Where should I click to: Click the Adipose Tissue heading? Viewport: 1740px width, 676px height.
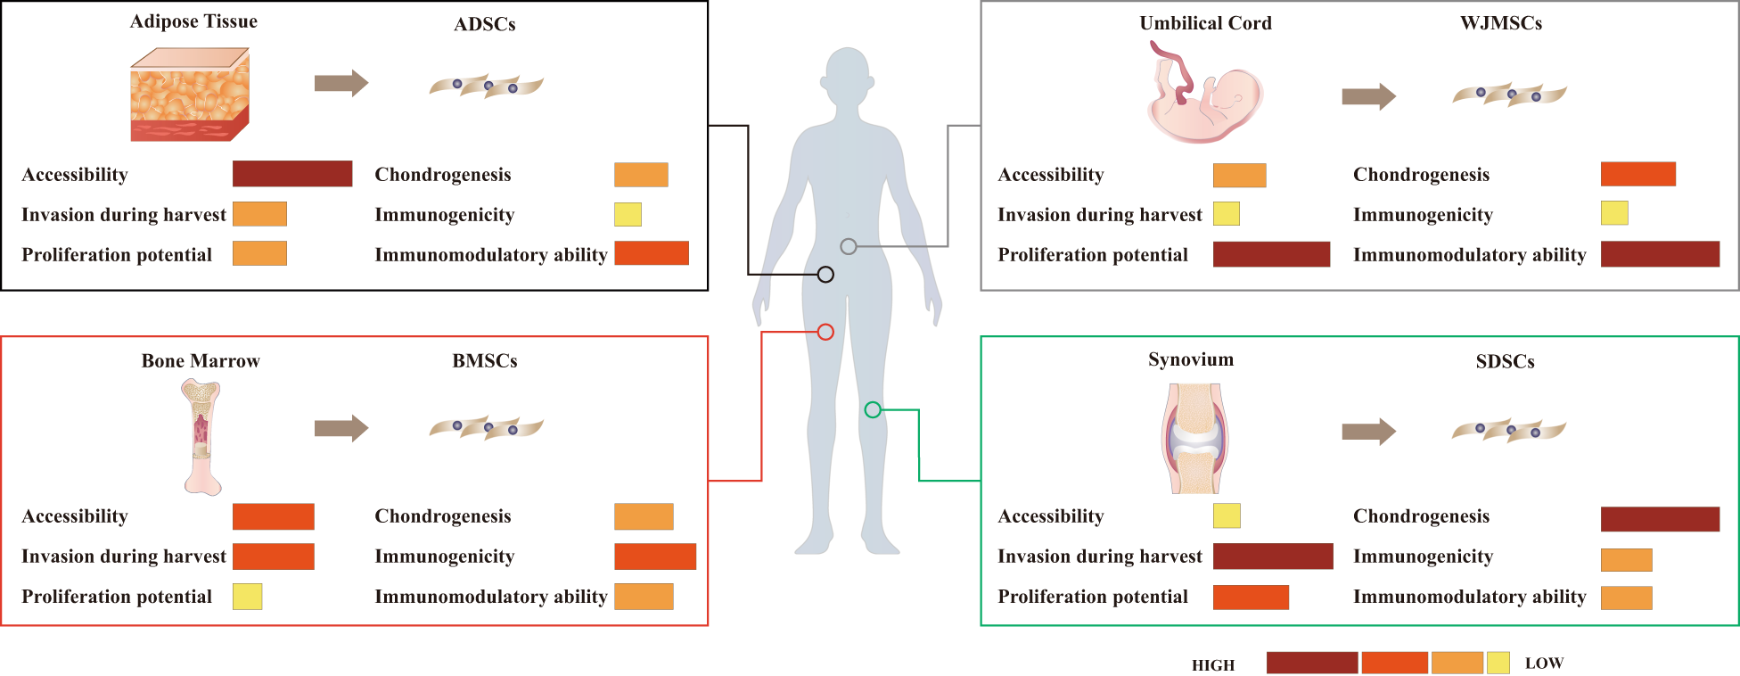tap(193, 21)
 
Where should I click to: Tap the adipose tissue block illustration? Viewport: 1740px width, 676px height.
tap(190, 95)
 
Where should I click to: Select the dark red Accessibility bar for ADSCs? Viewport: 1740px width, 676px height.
tap(292, 174)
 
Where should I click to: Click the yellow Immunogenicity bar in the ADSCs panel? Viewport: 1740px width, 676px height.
tap(628, 215)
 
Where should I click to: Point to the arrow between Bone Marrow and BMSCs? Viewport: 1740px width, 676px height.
tap(341, 428)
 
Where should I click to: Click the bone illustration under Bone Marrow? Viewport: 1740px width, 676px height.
tap(201, 436)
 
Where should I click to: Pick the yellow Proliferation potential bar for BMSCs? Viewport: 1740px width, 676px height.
tap(247, 596)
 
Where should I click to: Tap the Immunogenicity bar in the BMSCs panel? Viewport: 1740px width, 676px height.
tap(655, 556)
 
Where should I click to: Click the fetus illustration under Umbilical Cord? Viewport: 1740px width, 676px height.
tap(1205, 94)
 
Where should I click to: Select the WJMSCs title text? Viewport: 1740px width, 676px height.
tap(1501, 23)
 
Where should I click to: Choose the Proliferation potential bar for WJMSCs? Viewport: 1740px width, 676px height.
tap(1271, 254)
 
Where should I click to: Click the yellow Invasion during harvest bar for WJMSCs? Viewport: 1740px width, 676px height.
tap(1227, 214)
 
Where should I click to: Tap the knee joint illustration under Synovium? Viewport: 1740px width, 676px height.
tap(1194, 438)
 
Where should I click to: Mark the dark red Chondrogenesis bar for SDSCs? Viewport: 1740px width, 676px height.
tap(1660, 519)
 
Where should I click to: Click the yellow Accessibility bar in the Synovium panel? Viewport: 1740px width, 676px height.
tap(1227, 515)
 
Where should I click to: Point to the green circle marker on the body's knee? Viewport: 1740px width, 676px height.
tap(873, 409)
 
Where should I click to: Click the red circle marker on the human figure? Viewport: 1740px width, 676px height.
tap(825, 332)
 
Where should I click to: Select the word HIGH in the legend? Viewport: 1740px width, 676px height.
tap(1213, 665)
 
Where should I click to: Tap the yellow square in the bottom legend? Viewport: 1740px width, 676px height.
tap(1498, 663)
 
